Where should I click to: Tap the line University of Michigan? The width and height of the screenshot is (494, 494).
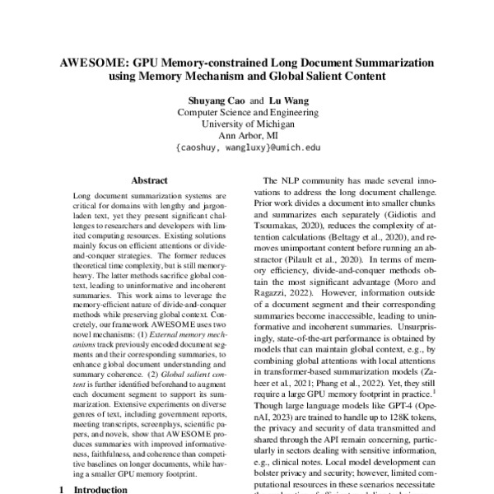[247, 124]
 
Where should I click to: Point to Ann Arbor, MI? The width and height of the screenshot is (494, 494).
[247, 137]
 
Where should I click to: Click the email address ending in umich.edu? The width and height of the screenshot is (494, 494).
[247, 149]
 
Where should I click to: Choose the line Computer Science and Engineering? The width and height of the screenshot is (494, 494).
[247, 112]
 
